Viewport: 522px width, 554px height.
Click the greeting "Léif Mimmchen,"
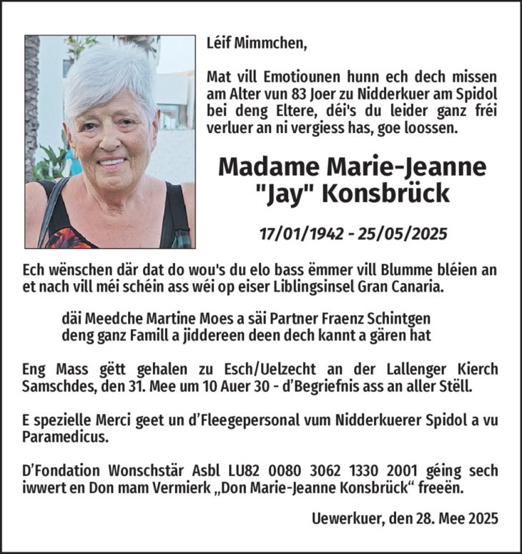[x=256, y=43]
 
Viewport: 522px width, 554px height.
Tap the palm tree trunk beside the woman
[x=31, y=100]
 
